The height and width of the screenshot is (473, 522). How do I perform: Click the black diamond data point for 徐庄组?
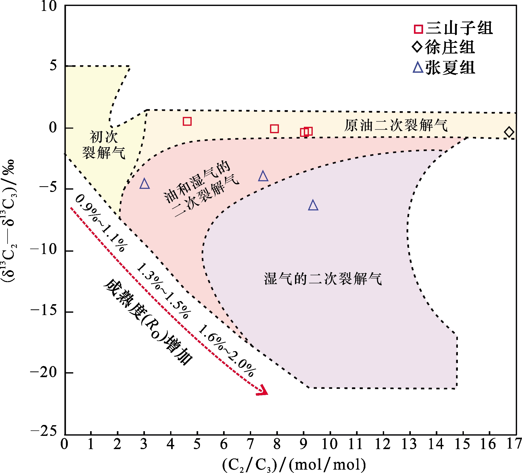coord(509,132)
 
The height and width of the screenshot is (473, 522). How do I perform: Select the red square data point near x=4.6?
coord(187,121)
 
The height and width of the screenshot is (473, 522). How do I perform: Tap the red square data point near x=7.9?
coord(274,129)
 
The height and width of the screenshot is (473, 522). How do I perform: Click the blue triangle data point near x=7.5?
coord(263,176)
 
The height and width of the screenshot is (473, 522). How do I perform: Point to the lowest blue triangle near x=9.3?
coord(313,205)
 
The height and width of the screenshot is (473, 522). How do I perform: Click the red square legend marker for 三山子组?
coord(418,29)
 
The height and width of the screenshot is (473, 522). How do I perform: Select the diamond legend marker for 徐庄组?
coord(417,47)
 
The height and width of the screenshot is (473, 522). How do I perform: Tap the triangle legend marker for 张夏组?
coord(418,68)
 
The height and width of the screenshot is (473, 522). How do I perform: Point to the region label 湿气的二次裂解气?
coord(323,279)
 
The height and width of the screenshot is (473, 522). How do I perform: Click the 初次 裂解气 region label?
coord(104,144)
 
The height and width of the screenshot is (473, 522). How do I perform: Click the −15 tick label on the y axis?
coord(44,311)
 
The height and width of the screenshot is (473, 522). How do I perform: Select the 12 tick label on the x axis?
coord(383,444)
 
